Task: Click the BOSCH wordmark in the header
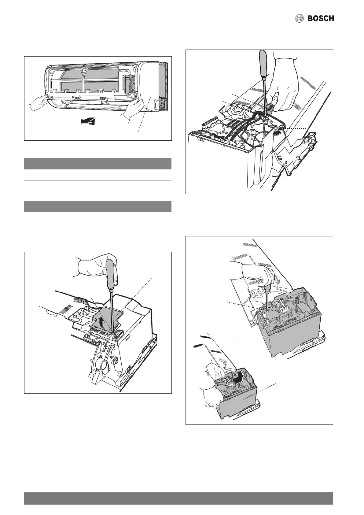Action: [321, 19]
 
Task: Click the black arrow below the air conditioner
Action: [88, 122]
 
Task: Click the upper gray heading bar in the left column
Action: [98, 164]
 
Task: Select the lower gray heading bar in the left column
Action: [98, 206]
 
